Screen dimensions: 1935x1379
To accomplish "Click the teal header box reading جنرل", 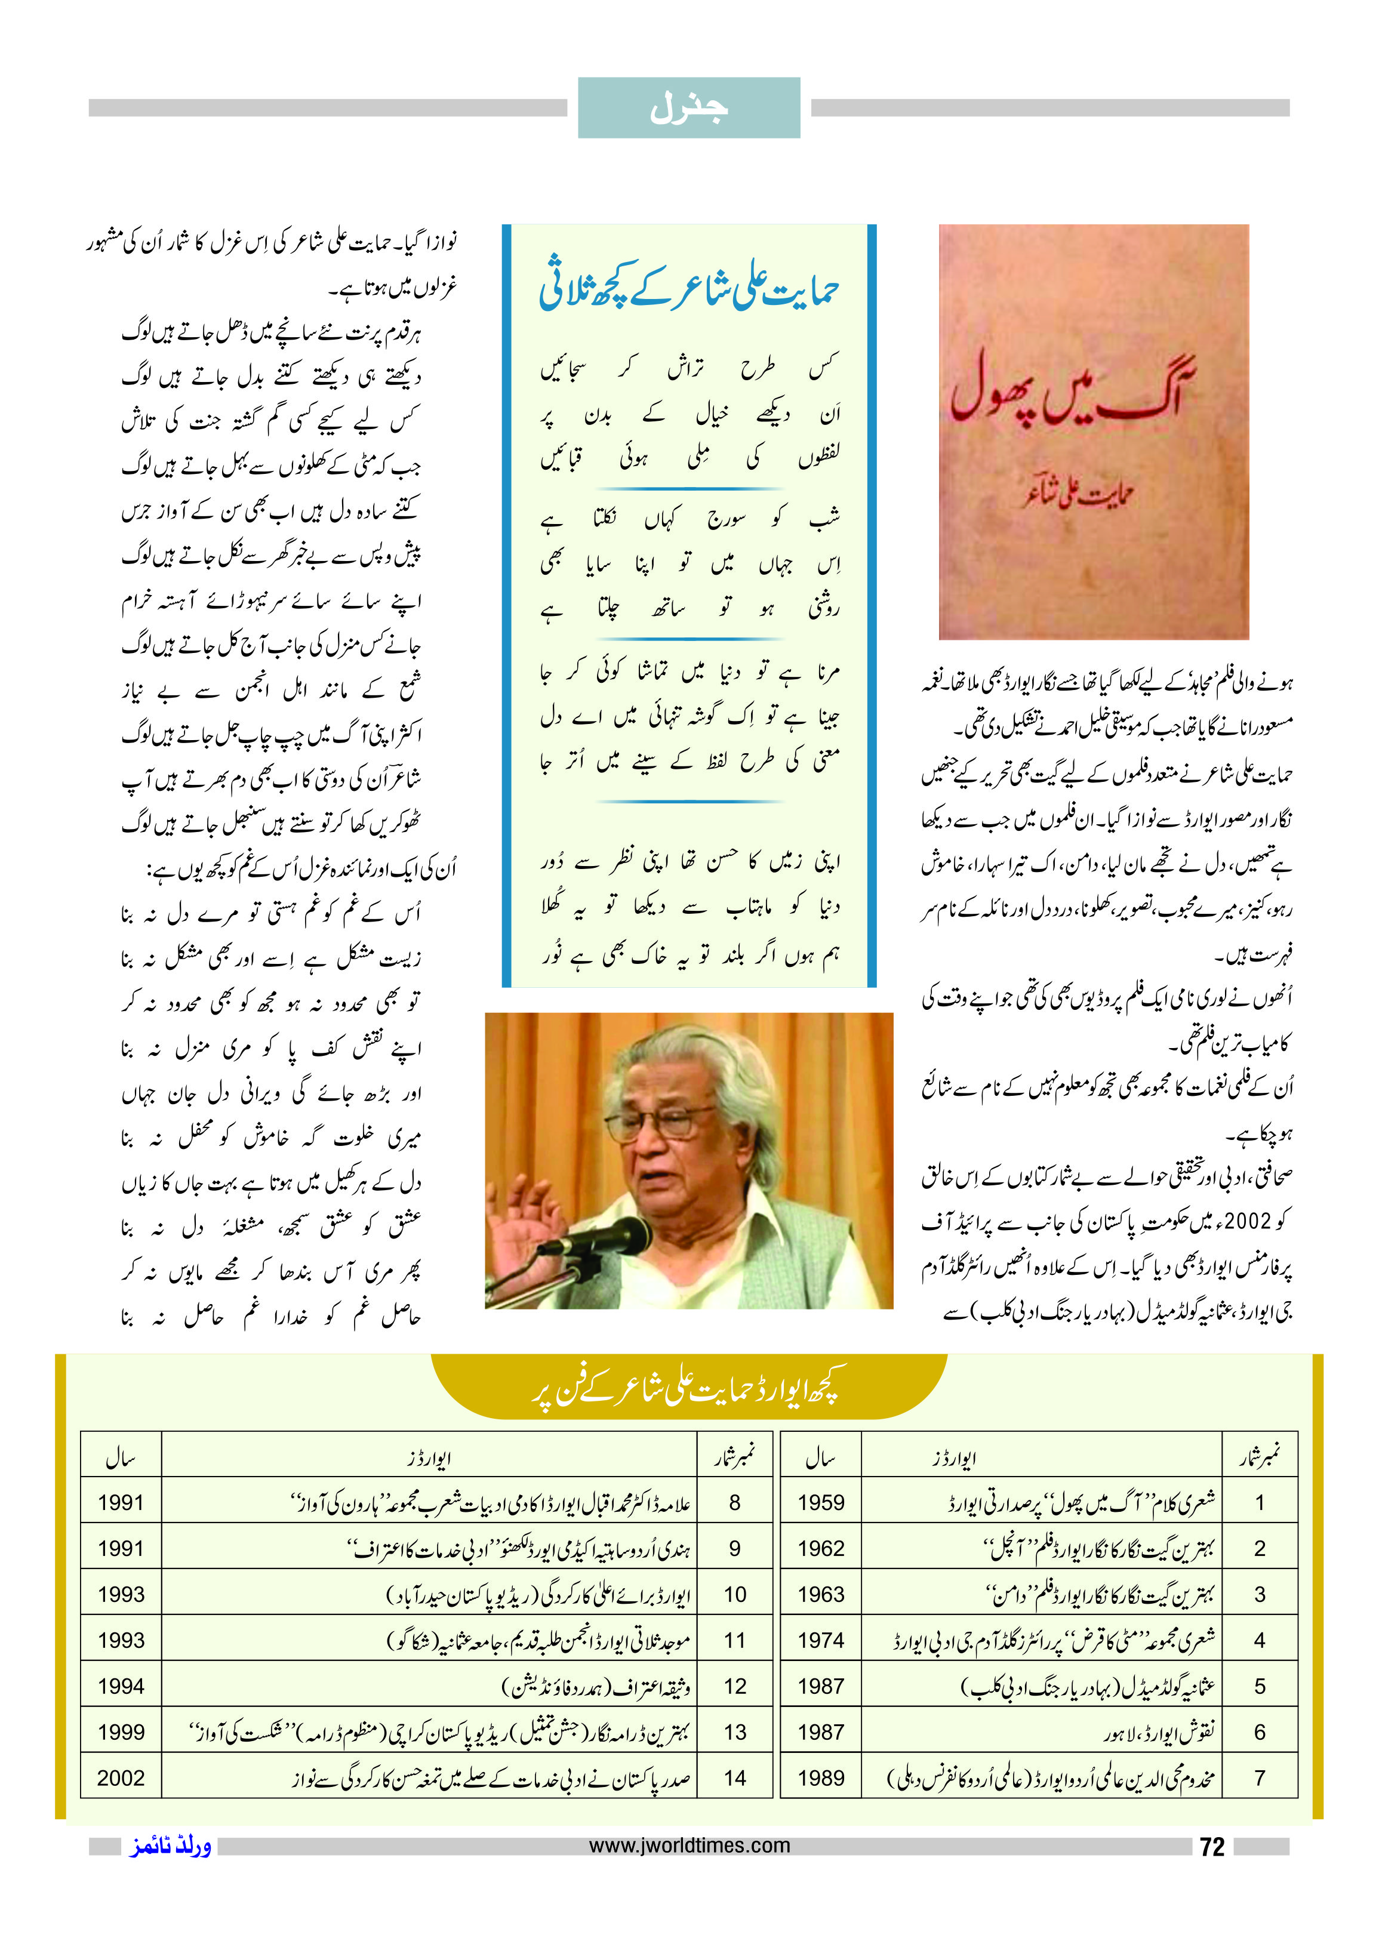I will (x=689, y=108).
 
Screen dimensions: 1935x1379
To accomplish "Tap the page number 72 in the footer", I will (x=1212, y=1847).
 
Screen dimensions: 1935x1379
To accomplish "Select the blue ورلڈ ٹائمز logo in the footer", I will (x=171, y=1846).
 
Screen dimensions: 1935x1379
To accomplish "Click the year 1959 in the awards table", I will (x=820, y=1503).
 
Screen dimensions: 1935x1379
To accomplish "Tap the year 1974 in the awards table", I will (x=820, y=1640).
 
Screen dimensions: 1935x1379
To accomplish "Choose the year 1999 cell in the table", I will (x=121, y=1731).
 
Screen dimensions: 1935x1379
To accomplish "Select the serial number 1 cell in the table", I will (x=1259, y=1503).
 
